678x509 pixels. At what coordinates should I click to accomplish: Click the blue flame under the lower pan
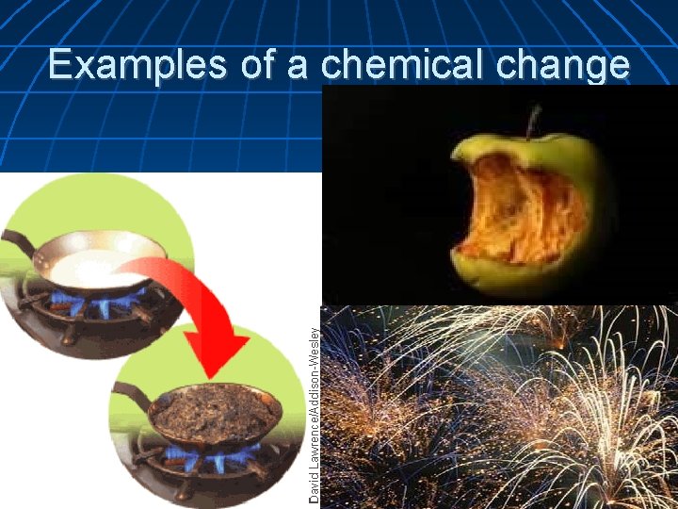point(212,460)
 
